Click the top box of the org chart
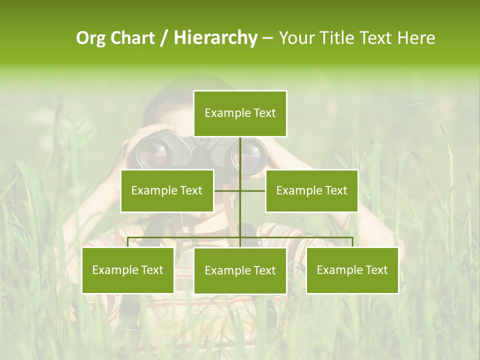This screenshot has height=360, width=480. (x=240, y=113)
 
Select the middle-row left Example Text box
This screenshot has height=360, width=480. (x=167, y=190)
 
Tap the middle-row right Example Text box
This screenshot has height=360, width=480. (x=311, y=190)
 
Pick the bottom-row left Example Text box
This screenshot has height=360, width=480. (x=128, y=270)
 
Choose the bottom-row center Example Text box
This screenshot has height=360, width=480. (x=240, y=270)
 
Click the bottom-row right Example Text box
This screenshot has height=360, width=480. (x=352, y=270)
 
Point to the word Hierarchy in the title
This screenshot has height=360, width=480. (x=215, y=38)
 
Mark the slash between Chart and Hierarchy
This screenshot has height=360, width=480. (x=164, y=38)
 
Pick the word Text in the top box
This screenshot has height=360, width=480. (x=264, y=113)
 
